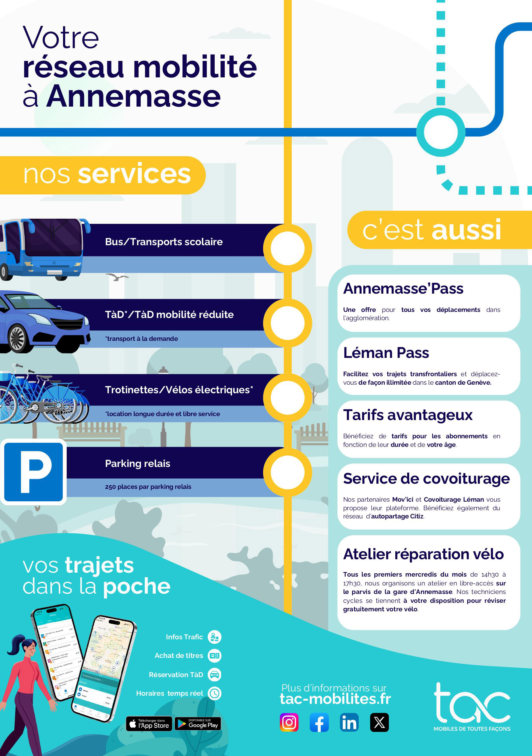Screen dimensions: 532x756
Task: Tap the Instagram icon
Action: pyautogui.click(x=289, y=722)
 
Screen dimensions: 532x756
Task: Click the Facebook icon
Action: pyautogui.click(x=319, y=722)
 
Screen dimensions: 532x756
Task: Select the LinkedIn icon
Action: pyautogui.click(x=349, y=722)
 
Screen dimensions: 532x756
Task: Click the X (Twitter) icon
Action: pyautogui.click(x=379, y=722)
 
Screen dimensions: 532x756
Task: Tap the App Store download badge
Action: pyautogui.click(x=149, y=723)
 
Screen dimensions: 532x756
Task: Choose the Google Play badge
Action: pyautogui.click(x=198, y=723)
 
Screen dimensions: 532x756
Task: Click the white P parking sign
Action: pyautogui.click(x=33, y=472)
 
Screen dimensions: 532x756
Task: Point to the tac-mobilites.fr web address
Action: pyautogui.click(x=335, y=699)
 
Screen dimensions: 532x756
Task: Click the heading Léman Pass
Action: pyautogui.click(x=386, y=353)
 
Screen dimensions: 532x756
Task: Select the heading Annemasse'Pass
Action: pyautogui.click(x=403, y=288)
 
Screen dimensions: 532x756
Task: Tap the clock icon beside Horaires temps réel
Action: pyautogui.click(x=215, y=693)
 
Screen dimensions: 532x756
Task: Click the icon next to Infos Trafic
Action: pyautogui.click(x=215, y=637)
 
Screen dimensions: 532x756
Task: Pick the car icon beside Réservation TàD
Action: pyautogui.click(x=215, y=675)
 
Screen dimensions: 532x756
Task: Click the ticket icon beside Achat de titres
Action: pyautogui.click(x=215, y=655)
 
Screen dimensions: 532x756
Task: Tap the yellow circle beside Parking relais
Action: pyautogui.click(x=287, y=472)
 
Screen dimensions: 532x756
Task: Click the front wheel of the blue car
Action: pyautogui.click(x=18, y=338)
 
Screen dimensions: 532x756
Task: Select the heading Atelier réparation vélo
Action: pyautogui.click(x=423, y=554)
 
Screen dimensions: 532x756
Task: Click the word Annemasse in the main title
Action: pyautogui.click(x=133, y=96)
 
